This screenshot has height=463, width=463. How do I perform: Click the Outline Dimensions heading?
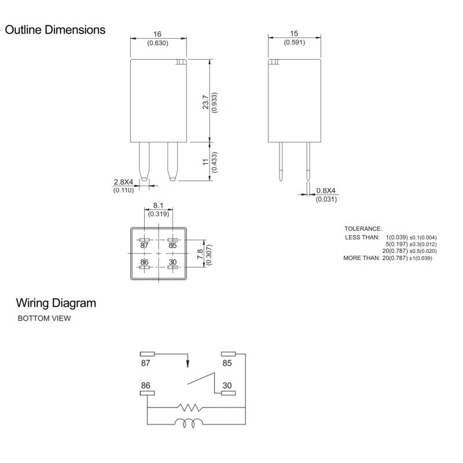tap(55, 30)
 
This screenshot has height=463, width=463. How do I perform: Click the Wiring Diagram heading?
tap(56, 303)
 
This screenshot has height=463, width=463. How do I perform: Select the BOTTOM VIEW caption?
tap(44, 319)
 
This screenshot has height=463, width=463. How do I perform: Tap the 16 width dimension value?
tap(158, 35)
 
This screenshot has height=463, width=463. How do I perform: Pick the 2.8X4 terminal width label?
tap(123, 182)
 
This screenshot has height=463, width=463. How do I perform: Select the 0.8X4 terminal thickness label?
tap(326, 191)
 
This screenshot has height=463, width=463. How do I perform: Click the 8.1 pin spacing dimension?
tap(159, 205)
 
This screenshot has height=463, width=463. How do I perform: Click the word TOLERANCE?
tap(363, 229)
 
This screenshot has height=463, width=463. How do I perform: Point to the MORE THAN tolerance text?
tap(361, 258)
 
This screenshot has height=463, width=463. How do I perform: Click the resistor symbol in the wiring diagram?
tap(190, 407)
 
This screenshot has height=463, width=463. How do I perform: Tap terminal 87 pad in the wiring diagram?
tap(148, 354)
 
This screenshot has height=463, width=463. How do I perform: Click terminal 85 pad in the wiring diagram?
tap(228, 354)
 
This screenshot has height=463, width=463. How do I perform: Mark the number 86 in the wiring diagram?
tap(146, 384)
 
